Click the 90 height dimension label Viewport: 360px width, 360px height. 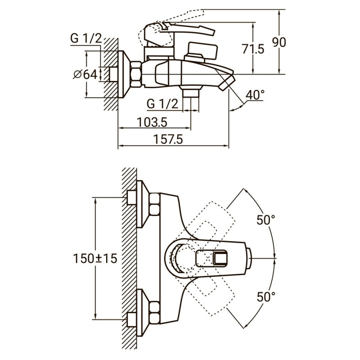(x=279, y=42)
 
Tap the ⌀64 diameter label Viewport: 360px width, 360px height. (x=85, y=75)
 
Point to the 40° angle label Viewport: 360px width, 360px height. (x=255, y=95)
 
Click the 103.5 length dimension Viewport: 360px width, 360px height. (x=151, y=122)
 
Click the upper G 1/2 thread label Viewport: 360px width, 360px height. (x=85, y=39)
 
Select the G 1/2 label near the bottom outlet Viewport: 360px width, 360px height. (x=162, y=103)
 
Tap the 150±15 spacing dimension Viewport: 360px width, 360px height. (x=95, y=258)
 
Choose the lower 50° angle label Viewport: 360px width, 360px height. (x=265, y=297)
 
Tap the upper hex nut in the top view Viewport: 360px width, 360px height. (x=153, y=204)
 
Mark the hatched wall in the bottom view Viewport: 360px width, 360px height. (x=129, y=256)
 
